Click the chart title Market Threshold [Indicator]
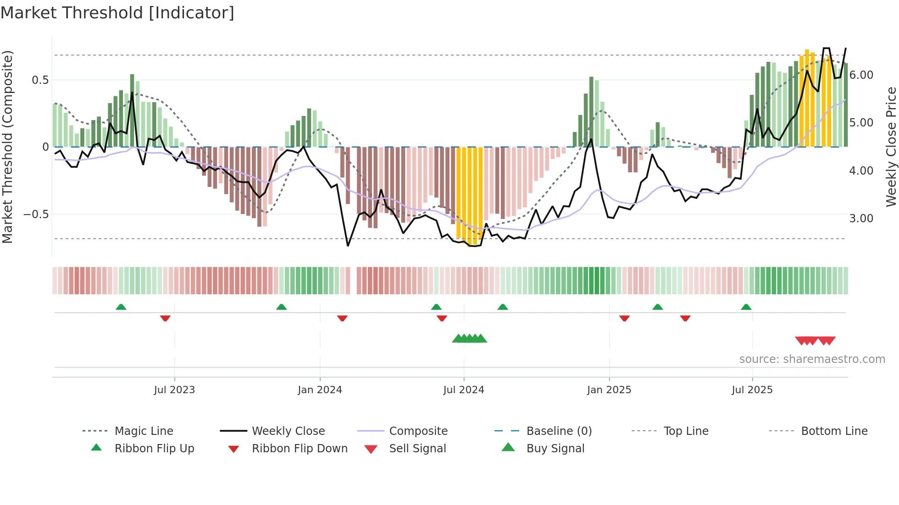(x=117, y=13)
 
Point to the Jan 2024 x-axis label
(x=320, y=390)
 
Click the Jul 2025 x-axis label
(x=752, y=390)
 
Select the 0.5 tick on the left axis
(x=40, y=80)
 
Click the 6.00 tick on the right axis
(x=861, y=75)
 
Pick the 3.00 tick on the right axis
(x=861, y=219)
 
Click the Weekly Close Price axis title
(x=891, y=147)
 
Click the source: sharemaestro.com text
(x=812, y=359)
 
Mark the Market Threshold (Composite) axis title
(x=7, y=147)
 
